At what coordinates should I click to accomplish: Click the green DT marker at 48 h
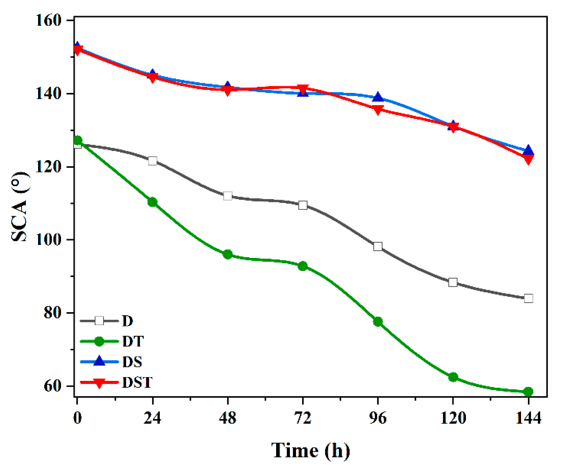click(228, 254)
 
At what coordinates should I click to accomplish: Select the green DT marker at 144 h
click(528, 391)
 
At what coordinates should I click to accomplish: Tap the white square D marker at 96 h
click(378, 247)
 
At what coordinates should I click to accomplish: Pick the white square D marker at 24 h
click(153, 161)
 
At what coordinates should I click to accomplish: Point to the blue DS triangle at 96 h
click(378, 97)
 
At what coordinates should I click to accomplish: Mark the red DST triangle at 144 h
click(528, 159)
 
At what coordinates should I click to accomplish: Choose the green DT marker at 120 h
click(453, 377)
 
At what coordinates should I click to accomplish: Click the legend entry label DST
click(137, 382)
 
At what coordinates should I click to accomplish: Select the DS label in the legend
click(132, 362)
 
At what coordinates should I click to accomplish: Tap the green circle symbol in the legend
click(99, 341)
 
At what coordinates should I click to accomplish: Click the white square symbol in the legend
click(99, 321)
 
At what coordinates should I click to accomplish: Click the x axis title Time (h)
click(311, 450)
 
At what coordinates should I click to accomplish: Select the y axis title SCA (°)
click(20, 206)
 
